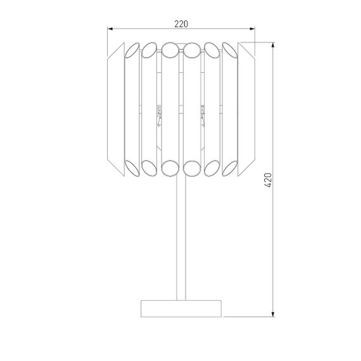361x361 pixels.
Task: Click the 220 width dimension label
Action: [181, 23]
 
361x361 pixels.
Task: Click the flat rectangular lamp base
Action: [181, 308]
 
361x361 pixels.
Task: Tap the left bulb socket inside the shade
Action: [159, 114]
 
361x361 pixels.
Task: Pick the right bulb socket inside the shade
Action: [203, 114]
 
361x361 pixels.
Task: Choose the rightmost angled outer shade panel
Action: [246, 107]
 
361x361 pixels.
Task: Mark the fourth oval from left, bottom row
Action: [192, 167]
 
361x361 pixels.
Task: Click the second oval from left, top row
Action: [149, 49]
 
